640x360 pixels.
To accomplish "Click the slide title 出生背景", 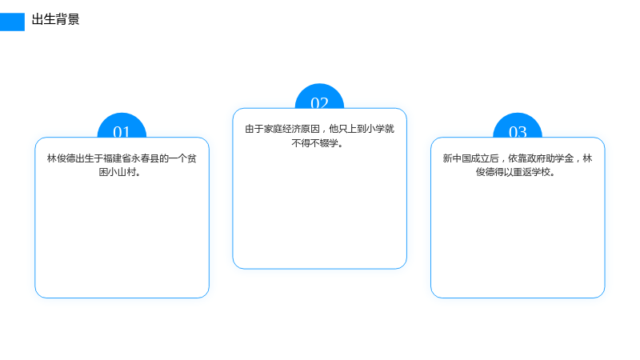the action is tap(55, 19).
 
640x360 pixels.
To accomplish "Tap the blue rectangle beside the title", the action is tap(12, 22).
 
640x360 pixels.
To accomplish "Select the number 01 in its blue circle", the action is tap(122, 132).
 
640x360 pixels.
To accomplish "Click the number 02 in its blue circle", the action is tap(319, 103).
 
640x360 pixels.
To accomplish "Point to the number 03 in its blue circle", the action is tap(518, 132).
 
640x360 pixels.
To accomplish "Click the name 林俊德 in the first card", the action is tap(62, 158).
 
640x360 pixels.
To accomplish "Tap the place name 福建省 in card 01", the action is tap(117, 158).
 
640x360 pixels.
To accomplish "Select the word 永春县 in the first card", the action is tap(145, 158).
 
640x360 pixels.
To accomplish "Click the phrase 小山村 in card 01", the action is tap(122, 172).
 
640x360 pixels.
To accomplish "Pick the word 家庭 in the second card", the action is tap(273, 129).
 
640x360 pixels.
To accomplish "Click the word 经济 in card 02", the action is tap(292, 129).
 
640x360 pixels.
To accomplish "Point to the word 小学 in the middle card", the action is tap(375, 129).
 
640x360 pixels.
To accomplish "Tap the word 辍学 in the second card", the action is tap(329, 143).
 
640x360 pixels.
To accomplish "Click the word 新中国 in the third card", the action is tap(457, 158).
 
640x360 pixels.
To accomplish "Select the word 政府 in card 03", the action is tap(536, 158).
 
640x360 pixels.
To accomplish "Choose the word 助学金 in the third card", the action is tap(559, 158).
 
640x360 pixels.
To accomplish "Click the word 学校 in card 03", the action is tap(542, 172).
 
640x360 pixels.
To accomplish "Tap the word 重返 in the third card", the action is tap(522, 172).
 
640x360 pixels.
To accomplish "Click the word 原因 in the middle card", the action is tap(310, 129).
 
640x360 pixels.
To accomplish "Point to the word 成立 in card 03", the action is tap(481, 158).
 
